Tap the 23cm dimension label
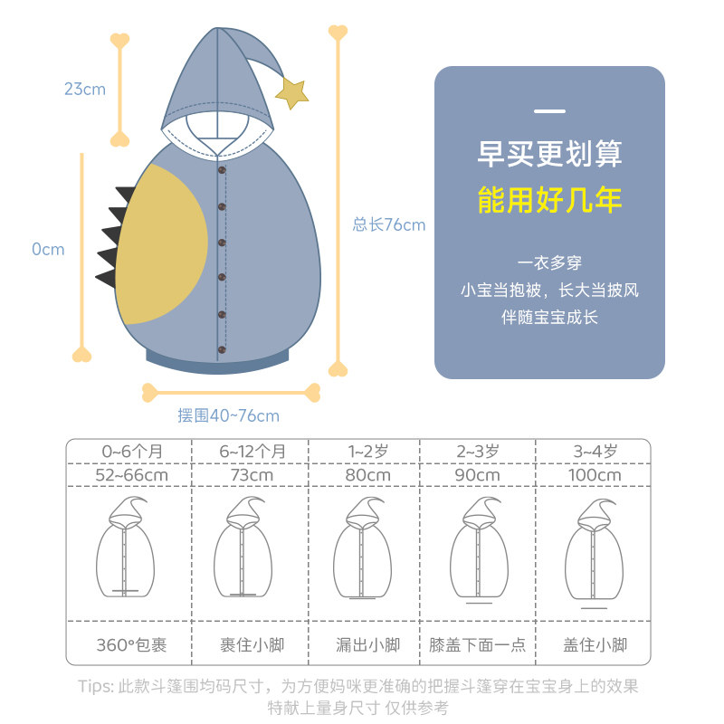pyautogui.click(x=84, y=89)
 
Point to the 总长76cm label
pyautogui.click(x=388, y=225)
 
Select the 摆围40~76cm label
pyautogui.click(x=228, y=415)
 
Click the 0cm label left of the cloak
pyautogui.click(x=48, y=249)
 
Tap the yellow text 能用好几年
pyautogui.click(x=549, y=199)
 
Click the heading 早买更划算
pyautogui.click(x=549, y=153)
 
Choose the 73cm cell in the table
pyautogui.click(x=251, y=474)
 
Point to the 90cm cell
pyautogui.click(x=477, y=474)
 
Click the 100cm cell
pyautogui.click(x=595, y=474)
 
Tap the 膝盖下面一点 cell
pyautogui.click(x=477, y=645)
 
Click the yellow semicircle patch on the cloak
pyautogui.click(x=157, y=244)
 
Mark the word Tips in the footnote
pyautogui.click(x=95, y=686)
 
